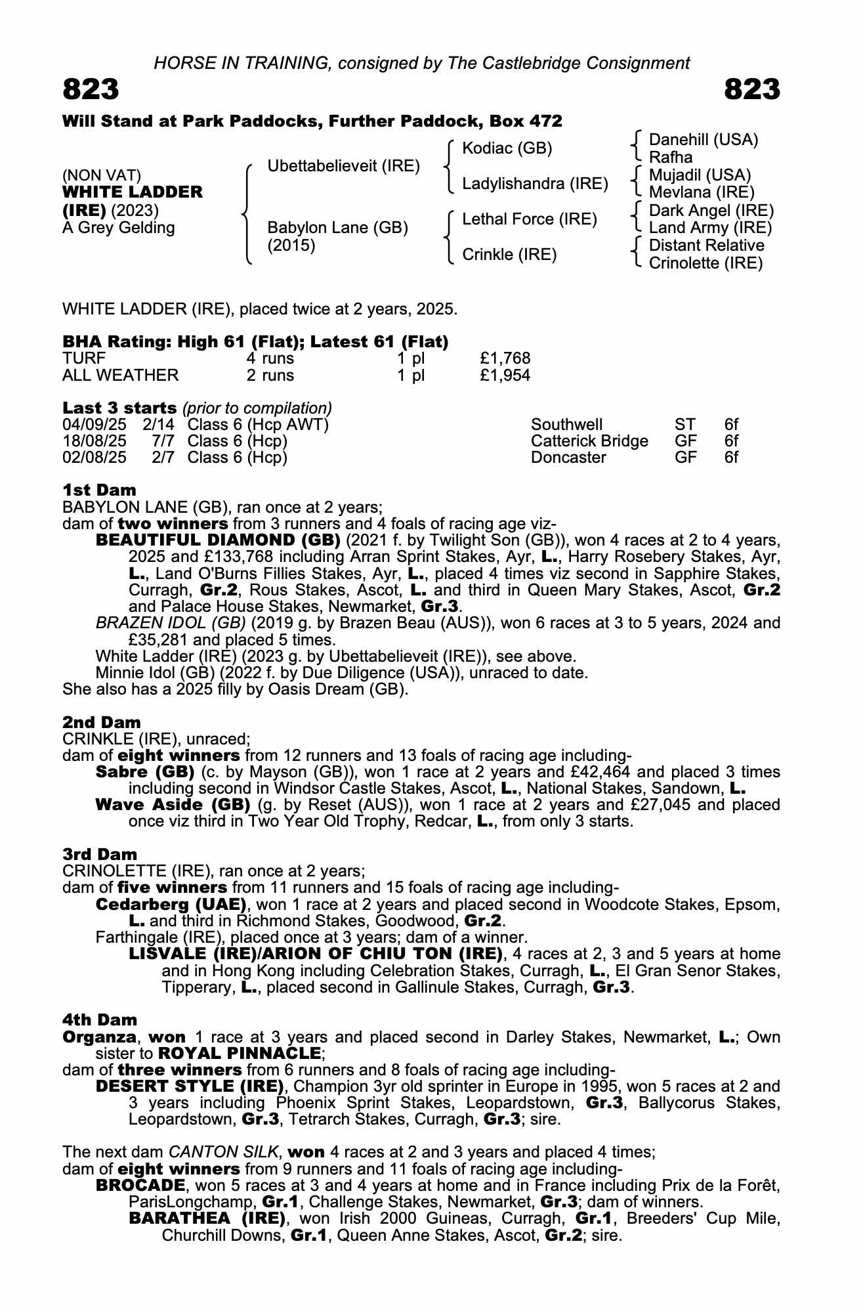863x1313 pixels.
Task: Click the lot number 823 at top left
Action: [91, 89]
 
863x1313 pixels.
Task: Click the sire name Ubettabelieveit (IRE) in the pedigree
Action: [343, 166]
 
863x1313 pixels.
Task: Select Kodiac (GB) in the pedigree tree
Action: [507, 148]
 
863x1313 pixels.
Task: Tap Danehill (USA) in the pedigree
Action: [703, 140]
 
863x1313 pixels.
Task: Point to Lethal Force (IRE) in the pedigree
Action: [529, 219]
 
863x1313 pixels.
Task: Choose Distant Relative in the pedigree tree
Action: [706, 246]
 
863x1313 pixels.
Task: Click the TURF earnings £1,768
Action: [505, 358]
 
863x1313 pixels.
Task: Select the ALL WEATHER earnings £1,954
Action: [505, 376]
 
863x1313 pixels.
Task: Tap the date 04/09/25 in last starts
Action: [94, 425]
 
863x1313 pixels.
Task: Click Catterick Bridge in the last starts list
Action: [589, 441]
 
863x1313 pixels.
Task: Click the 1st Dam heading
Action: [99, 490]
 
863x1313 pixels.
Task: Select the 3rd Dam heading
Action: [100, 854]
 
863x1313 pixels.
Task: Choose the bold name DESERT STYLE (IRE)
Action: [190, 1086]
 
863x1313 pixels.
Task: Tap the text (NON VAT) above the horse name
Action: [102, 175]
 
